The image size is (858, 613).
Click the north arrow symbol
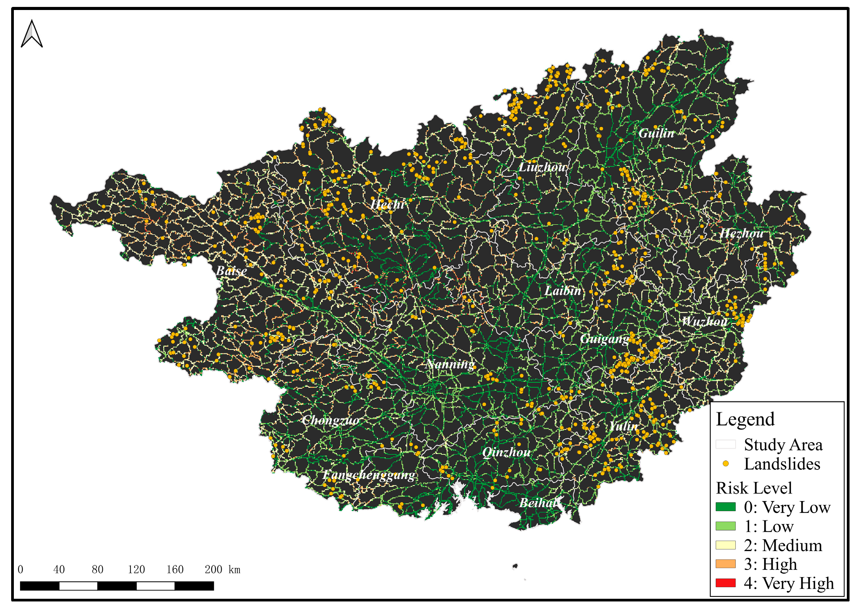[32, 35]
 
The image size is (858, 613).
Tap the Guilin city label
[656, 134]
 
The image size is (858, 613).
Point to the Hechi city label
[387, 204]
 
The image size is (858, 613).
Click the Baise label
[232, 271]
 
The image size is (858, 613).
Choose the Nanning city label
[450, 364]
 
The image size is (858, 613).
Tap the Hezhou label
[741, 234]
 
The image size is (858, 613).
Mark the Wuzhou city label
[704, 321]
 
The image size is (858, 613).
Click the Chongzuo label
[330, 420]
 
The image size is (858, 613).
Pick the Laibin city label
[563, 291]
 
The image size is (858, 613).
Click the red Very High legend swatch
[725, 583]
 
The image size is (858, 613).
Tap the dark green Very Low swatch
[725, 507]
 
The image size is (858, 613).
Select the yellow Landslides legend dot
[725, 464]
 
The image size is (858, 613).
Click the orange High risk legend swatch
[725, 564]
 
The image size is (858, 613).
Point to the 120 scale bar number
[136, 570]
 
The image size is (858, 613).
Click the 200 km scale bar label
[222, 570]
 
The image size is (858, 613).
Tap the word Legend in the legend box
[745, 419]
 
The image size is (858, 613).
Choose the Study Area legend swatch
[725, 444]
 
